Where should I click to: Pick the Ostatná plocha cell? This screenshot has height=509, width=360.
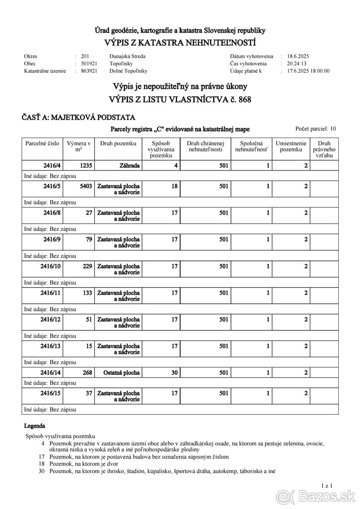pos(121,373)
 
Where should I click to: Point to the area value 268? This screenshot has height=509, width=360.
pos(86,373)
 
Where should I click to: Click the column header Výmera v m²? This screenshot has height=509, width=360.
pos(79,146)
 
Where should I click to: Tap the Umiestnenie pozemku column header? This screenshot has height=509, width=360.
pos(291,146)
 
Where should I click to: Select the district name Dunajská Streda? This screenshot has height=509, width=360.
pos(127,56)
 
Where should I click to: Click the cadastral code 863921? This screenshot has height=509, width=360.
pos(89,71)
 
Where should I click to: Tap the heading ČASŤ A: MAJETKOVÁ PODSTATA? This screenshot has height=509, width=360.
pos(79,117)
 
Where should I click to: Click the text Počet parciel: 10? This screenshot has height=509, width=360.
pos(315,129)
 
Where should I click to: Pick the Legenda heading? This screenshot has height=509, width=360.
pos(34,425)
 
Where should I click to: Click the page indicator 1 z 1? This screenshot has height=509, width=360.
pos(326,485)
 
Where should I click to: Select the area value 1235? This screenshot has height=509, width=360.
pos(86,166)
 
